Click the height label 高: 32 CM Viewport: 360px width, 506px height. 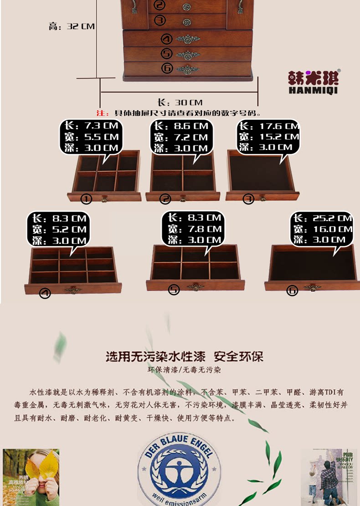click(x=72, y=26)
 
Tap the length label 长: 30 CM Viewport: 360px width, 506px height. click(x=180, y=103)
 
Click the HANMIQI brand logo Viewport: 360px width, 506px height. click(x=314, y=82)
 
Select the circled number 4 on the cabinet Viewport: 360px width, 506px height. click(x=167, y=39)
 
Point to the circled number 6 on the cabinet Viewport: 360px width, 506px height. click(x=167, y=68)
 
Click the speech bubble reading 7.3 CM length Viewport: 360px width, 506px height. click(x=90, y=137)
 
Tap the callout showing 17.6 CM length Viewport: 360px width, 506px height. click(x=269, y=136)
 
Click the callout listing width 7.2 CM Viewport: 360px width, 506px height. click(x=180, y=137)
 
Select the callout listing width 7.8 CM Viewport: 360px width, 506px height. click(x=193, y=229)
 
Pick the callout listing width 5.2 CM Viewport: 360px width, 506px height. click(x=59, y=229)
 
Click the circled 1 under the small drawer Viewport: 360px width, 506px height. click(x=86, y=199)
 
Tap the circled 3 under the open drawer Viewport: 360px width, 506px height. click(x=248, y=199)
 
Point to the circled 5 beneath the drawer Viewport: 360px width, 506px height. click(x=174, y=289)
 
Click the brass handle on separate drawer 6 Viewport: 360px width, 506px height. click(x=313, y=288)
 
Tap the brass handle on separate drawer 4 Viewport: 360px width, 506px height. click(x=73, y=290)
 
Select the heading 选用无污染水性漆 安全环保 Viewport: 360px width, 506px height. click(x=185, y=356)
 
